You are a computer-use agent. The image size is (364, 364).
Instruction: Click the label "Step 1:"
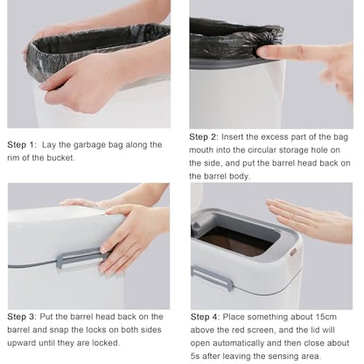click(22, 145)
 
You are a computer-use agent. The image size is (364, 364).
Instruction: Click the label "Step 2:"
click(204, 137)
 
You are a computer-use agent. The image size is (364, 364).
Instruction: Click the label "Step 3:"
click(22, 317)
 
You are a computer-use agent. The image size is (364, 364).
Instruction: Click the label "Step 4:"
click(205, 317)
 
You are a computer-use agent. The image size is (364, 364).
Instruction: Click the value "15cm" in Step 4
click(326, 317)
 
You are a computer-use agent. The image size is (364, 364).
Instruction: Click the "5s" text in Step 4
click(195, 356)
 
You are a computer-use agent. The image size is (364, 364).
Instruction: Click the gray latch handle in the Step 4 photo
click(212, 278)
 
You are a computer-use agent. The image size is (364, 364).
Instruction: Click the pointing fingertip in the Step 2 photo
click(262, 52)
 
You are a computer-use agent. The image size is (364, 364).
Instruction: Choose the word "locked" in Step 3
click(106, 343)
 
